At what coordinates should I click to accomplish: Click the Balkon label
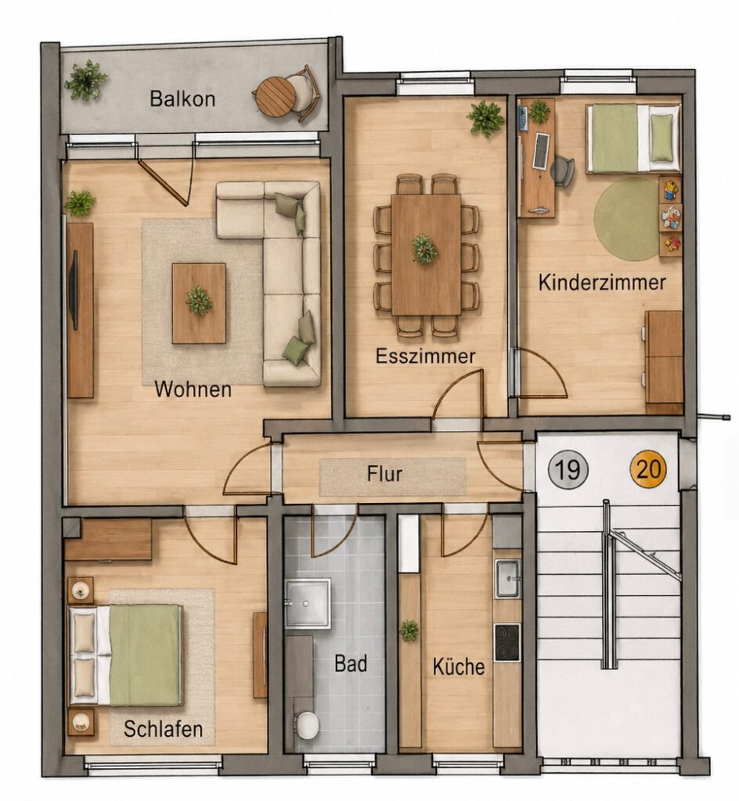click(182, 99)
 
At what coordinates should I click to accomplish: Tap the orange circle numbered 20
click(648, 469)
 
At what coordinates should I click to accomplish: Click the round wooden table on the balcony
click(276, 95)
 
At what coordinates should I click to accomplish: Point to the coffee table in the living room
click(199, 304)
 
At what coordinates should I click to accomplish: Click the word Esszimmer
click(425, 356)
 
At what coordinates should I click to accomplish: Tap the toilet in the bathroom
click(307, 724)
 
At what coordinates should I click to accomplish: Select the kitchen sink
click(508, 578)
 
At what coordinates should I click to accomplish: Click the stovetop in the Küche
click(507, 642)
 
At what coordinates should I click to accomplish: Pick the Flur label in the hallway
click(384, 473)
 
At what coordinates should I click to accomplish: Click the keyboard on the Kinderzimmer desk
click(541, 151)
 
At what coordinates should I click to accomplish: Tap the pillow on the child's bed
click(661, 138)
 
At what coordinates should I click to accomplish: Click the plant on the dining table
click(425, 250)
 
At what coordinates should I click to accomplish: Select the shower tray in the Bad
click(308, 603)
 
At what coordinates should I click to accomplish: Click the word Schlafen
click(163, 728)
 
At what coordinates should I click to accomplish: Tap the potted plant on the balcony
click(85, 81)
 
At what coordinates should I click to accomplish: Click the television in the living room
click(76, 289)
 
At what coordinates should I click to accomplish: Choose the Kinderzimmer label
click(601, 282)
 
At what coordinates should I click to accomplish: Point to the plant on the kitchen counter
click(409, 631)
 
